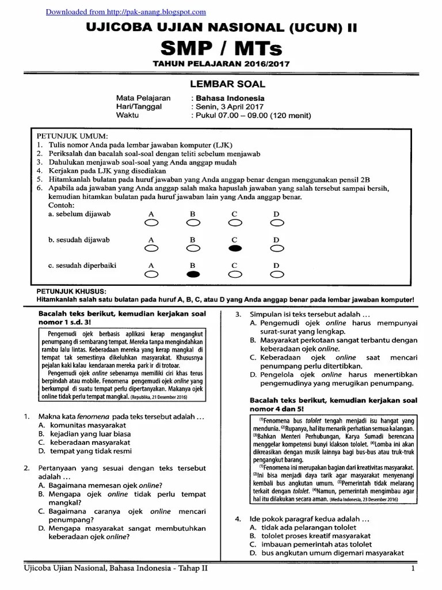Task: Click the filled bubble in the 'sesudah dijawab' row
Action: pos(235,248)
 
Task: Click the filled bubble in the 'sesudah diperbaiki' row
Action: pos(193,274)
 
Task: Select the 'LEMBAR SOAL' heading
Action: pos(221,84)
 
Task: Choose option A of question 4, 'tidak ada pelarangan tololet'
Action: pos(307,527)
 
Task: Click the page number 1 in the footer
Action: pos(413,569)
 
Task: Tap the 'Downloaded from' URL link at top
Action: pos(125,12)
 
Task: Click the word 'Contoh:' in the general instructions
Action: pos(62,205)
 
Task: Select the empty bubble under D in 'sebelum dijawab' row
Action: pos(276,222)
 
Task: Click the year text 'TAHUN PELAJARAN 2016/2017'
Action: pos(221,64)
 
